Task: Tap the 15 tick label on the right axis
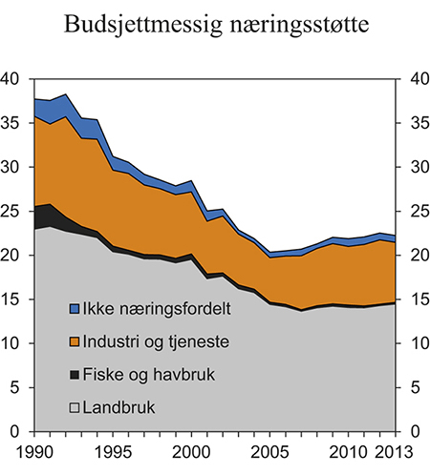pyautogui.click(x=417, y=299)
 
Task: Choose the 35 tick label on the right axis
pyautogui.click(x=417, y=124)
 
